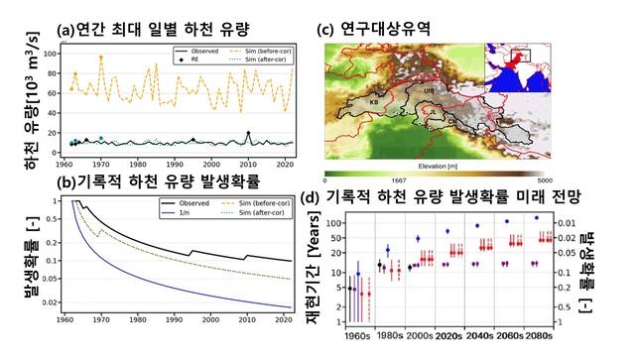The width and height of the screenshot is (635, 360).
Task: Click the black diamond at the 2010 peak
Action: (248, 134)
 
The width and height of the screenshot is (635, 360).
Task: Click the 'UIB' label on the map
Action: (429, 90)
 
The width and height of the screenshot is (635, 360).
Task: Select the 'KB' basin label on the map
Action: (374, 102)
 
